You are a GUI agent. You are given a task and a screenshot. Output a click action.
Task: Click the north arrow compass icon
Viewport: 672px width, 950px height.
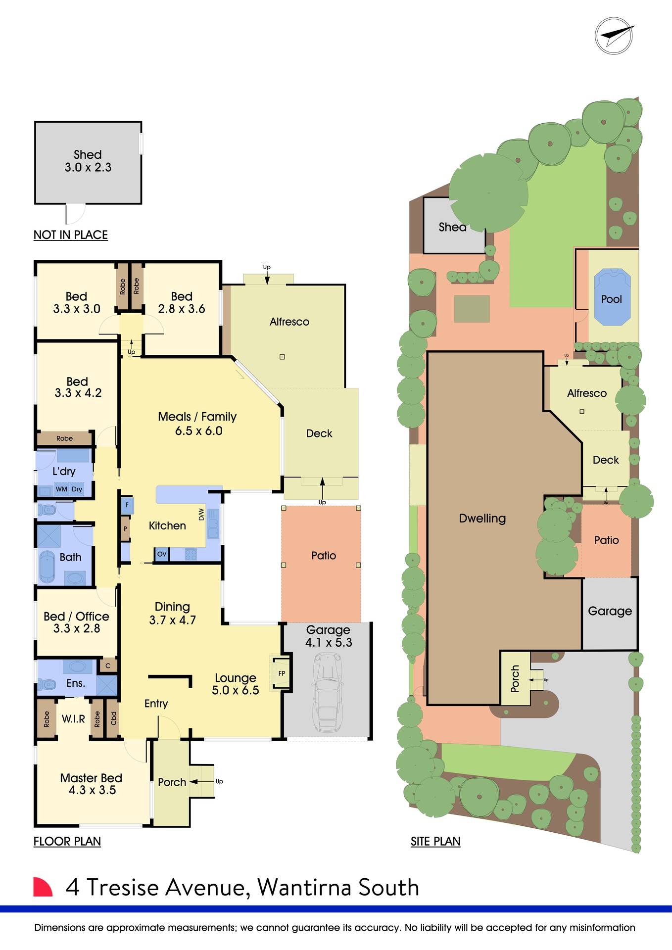point(614,36)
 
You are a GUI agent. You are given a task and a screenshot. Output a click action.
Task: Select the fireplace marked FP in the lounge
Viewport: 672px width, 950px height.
point(281,673)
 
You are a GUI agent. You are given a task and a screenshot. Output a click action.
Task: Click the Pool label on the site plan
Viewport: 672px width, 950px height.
point(611,299)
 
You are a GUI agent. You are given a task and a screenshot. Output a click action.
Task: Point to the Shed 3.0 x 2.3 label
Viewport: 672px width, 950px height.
point(88,161)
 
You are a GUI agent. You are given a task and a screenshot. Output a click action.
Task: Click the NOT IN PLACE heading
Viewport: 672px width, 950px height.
point(71,235)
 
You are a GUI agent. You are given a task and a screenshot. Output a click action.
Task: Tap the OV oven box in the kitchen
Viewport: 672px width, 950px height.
point(162,554)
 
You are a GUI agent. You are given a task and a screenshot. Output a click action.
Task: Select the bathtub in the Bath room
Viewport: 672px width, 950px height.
point(48,566)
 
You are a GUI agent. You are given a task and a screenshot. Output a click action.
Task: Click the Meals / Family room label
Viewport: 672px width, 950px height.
point(197,424)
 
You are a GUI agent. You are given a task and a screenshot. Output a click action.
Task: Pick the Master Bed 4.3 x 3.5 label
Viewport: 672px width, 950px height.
point(92,784)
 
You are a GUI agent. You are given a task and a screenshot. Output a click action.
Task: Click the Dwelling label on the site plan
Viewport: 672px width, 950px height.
point(482,519)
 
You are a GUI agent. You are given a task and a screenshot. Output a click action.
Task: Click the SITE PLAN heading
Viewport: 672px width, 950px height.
point(435,842)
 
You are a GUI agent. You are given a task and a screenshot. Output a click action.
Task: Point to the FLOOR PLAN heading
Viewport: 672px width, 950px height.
point(67,842)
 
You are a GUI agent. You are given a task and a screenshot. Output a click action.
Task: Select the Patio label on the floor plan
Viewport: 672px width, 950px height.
point(324,556)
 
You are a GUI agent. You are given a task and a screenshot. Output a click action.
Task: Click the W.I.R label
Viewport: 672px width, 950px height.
point(73,719)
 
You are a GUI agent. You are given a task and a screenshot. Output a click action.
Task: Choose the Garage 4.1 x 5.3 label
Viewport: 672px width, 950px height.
point(329,636)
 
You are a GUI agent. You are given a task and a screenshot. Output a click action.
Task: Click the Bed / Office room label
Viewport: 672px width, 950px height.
point(77,622)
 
